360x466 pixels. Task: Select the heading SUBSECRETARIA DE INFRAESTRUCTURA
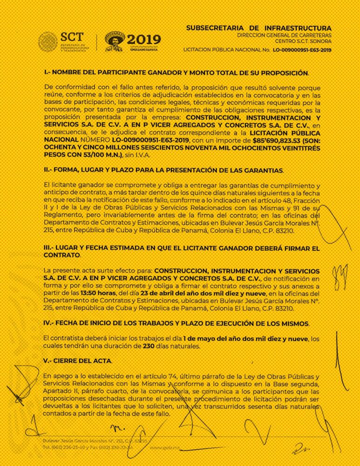259,28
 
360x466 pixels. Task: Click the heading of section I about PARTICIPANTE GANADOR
176,73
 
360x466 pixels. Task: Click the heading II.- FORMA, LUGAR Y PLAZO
165,171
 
